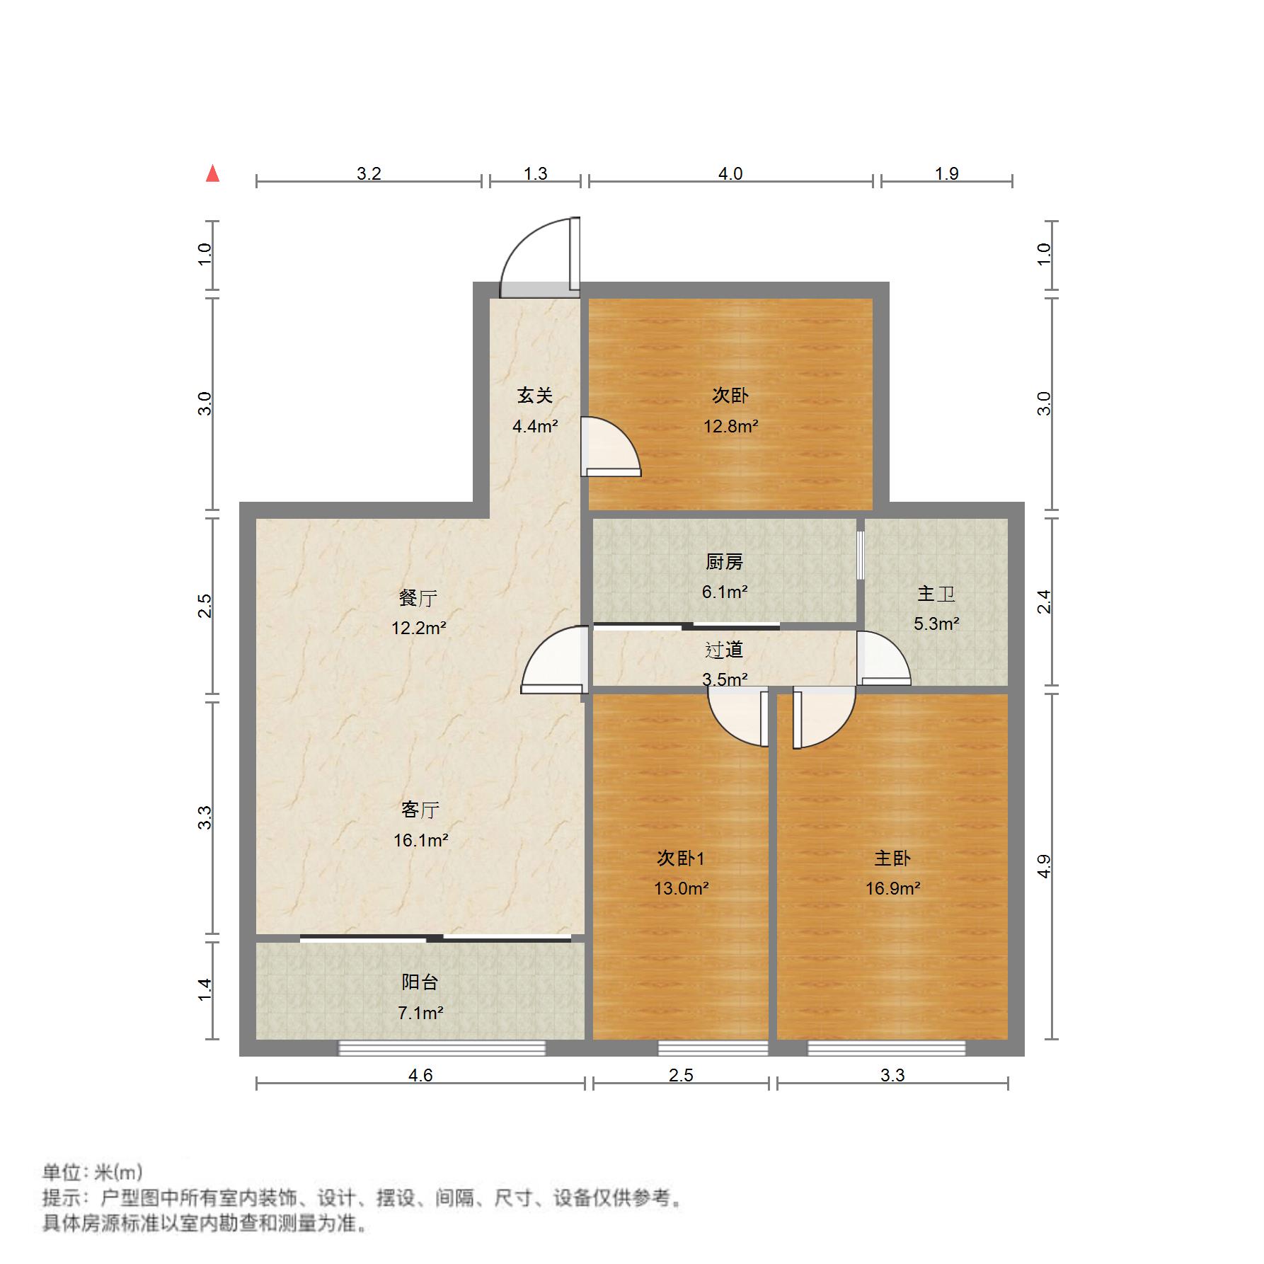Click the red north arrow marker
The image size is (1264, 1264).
[x=212, y=173]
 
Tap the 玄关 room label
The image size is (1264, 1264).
[x=534, y=396]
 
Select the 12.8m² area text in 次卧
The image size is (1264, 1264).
[x=730, y=426]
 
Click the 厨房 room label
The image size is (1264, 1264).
[x=725, y=562]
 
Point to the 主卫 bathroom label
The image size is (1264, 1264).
[x=936, y=593]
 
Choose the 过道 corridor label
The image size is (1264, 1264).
[x=724, y=650]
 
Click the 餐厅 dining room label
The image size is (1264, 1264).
[x=418, y=598]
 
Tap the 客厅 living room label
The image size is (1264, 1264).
[x=420, y=810]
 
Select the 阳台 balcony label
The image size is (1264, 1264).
[x=420, y=982]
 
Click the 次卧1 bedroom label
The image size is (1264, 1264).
[x=681, y=858]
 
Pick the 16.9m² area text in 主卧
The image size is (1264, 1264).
[x=892, y=888]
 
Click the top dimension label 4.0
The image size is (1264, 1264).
[x=730, y=173]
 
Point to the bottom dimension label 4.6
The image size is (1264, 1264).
[x=420, y=1075]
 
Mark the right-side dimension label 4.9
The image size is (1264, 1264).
[x=1044, y=866]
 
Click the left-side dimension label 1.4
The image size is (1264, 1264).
[x=205, y=989]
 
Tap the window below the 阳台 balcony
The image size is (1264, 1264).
[x=442, y=1048]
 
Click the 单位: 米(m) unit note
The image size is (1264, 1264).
[x=93, y=1173]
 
